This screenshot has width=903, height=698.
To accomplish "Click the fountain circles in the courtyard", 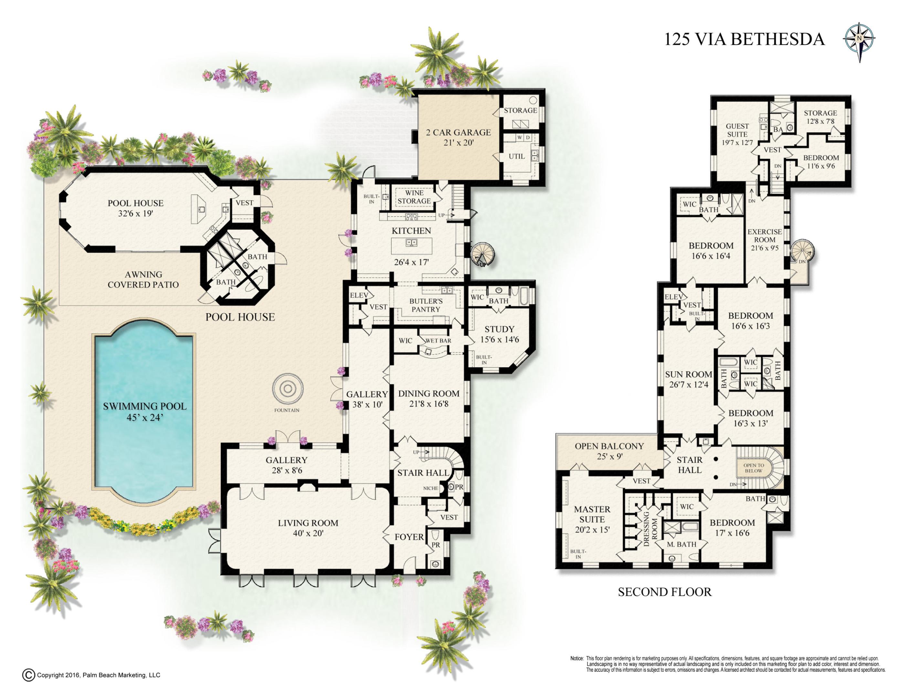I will click(x=287, y=389).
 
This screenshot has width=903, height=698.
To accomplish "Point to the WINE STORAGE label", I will click(x=414, y=197).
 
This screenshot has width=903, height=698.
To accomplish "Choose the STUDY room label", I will click(x=499, y=329).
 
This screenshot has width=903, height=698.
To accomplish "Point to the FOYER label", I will click(x=409, y=537).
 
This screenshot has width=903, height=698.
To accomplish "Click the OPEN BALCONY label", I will click(x=609, y=446).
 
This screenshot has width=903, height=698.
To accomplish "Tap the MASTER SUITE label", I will click(x=592, y=514).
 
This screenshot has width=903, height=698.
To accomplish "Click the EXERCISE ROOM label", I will click(x=764, y=236).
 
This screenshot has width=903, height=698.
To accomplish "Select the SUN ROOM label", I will click(x=688, y=375).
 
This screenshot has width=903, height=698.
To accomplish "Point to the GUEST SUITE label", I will click(x=737, y=130).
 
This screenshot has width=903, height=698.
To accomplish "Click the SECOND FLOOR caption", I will click(x=665, y=592).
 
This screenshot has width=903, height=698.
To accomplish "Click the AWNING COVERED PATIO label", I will click(x=143, y=280).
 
